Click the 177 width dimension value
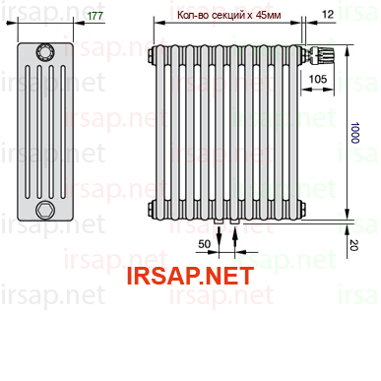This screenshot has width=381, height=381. click(x=95, y=16)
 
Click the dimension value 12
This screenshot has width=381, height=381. click(x=328, y=14)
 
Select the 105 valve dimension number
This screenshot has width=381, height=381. click(x=318, y=79)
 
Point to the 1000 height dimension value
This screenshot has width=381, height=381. click(x=354, y=133)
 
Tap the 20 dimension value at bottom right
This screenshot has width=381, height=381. click(x=353, y=245)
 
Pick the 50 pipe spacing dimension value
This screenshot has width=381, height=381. click(x=204, y=244)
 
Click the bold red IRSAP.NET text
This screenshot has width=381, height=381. click(x=190, y=276)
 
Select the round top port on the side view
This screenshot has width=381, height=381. click(x=45, y=52)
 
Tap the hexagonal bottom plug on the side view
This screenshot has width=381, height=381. click(x=45, y=211)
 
